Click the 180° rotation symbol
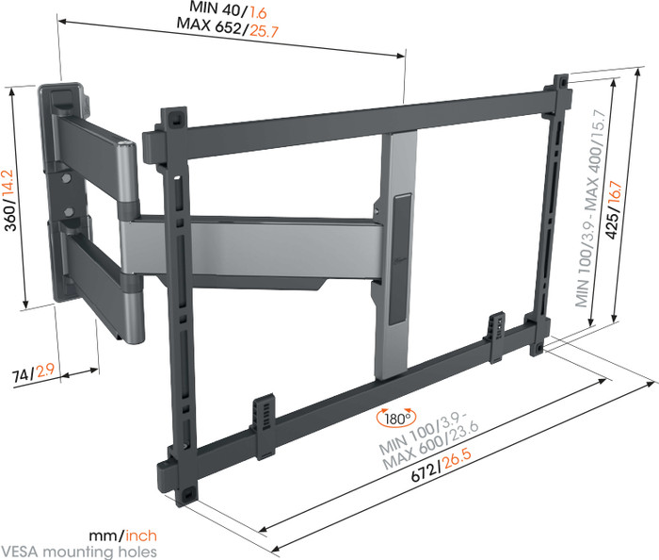click(392, 418)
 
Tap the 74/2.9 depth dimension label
click(35, 374)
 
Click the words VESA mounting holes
click(79, 552)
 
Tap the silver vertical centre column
click(401, 170)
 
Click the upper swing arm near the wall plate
click(89, 137)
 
